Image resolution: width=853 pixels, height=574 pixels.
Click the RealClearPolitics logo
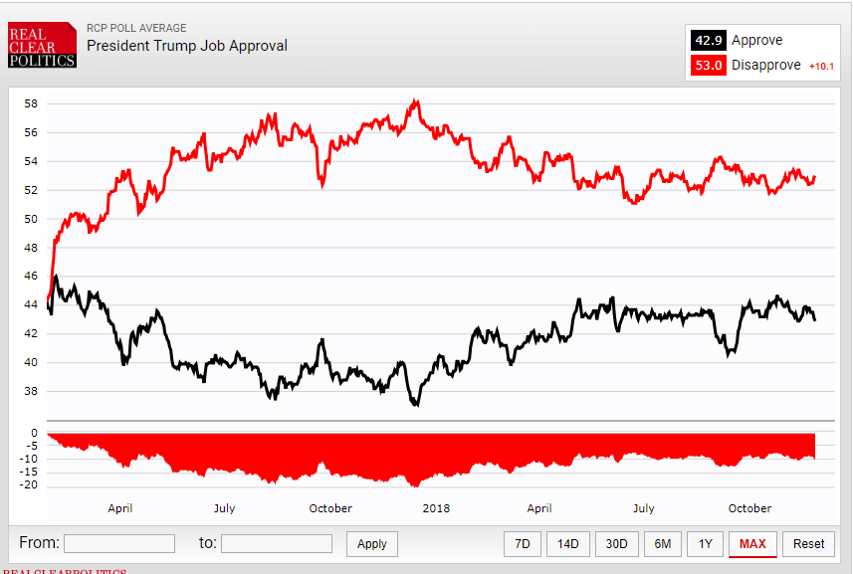42,46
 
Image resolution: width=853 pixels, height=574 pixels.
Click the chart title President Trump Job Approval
186,46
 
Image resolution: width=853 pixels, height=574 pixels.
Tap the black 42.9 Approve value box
708,41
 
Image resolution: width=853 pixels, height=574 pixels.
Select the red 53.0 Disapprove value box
708,66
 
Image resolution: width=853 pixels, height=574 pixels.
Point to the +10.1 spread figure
821,67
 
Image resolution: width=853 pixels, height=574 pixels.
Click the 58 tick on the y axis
31,103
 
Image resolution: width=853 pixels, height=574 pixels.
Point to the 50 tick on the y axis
31,219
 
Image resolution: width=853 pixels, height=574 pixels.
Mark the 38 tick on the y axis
31,391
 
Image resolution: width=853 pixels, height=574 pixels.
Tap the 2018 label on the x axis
436,508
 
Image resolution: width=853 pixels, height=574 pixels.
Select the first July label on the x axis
224,508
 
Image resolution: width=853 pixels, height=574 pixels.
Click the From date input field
119,543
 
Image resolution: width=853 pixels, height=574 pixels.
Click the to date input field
277,543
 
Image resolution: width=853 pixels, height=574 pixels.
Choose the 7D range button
522,544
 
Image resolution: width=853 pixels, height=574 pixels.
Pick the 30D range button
617,544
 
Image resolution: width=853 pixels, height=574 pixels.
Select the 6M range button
662,544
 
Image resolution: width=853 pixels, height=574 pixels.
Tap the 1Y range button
705,544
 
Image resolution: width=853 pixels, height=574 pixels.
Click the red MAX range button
752,544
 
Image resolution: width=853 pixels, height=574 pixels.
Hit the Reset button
808,544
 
